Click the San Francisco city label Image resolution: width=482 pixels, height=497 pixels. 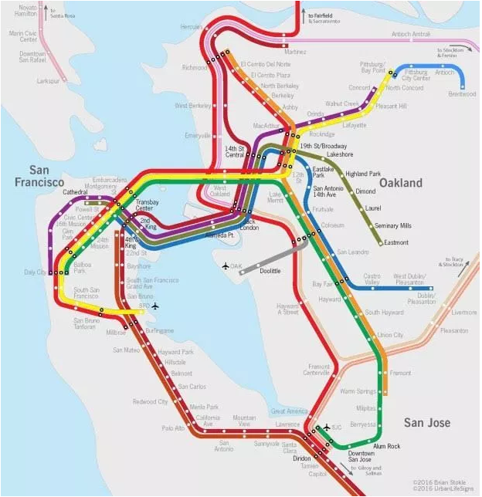tap(39, 176)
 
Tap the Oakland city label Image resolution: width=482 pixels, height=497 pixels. tap(400, 183)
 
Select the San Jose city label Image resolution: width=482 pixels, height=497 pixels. tap(427, 423)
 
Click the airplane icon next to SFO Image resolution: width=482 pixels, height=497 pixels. tap(155, 306)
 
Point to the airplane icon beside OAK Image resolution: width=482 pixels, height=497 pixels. tap(226, 266)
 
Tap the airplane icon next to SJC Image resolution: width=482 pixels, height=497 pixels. tap(326, 426)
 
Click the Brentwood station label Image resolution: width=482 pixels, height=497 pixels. tap(462, 94)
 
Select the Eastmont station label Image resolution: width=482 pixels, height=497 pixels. tap(396, 242)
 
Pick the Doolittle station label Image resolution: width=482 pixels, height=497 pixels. tap(270, 272)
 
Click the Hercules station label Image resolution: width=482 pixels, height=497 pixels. tap(191, 26)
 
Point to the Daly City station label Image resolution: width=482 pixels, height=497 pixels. tap(35, 272)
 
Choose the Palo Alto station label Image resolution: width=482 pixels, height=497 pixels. tap(172, 428)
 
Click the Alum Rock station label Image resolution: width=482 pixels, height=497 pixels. tap(387, 446)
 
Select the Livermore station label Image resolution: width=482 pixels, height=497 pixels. tap(464, 313)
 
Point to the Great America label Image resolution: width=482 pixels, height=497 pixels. tap(289, 411)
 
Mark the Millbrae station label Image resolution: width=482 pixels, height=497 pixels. tap(116, 333)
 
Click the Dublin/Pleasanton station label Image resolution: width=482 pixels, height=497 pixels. tap(421, 298)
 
